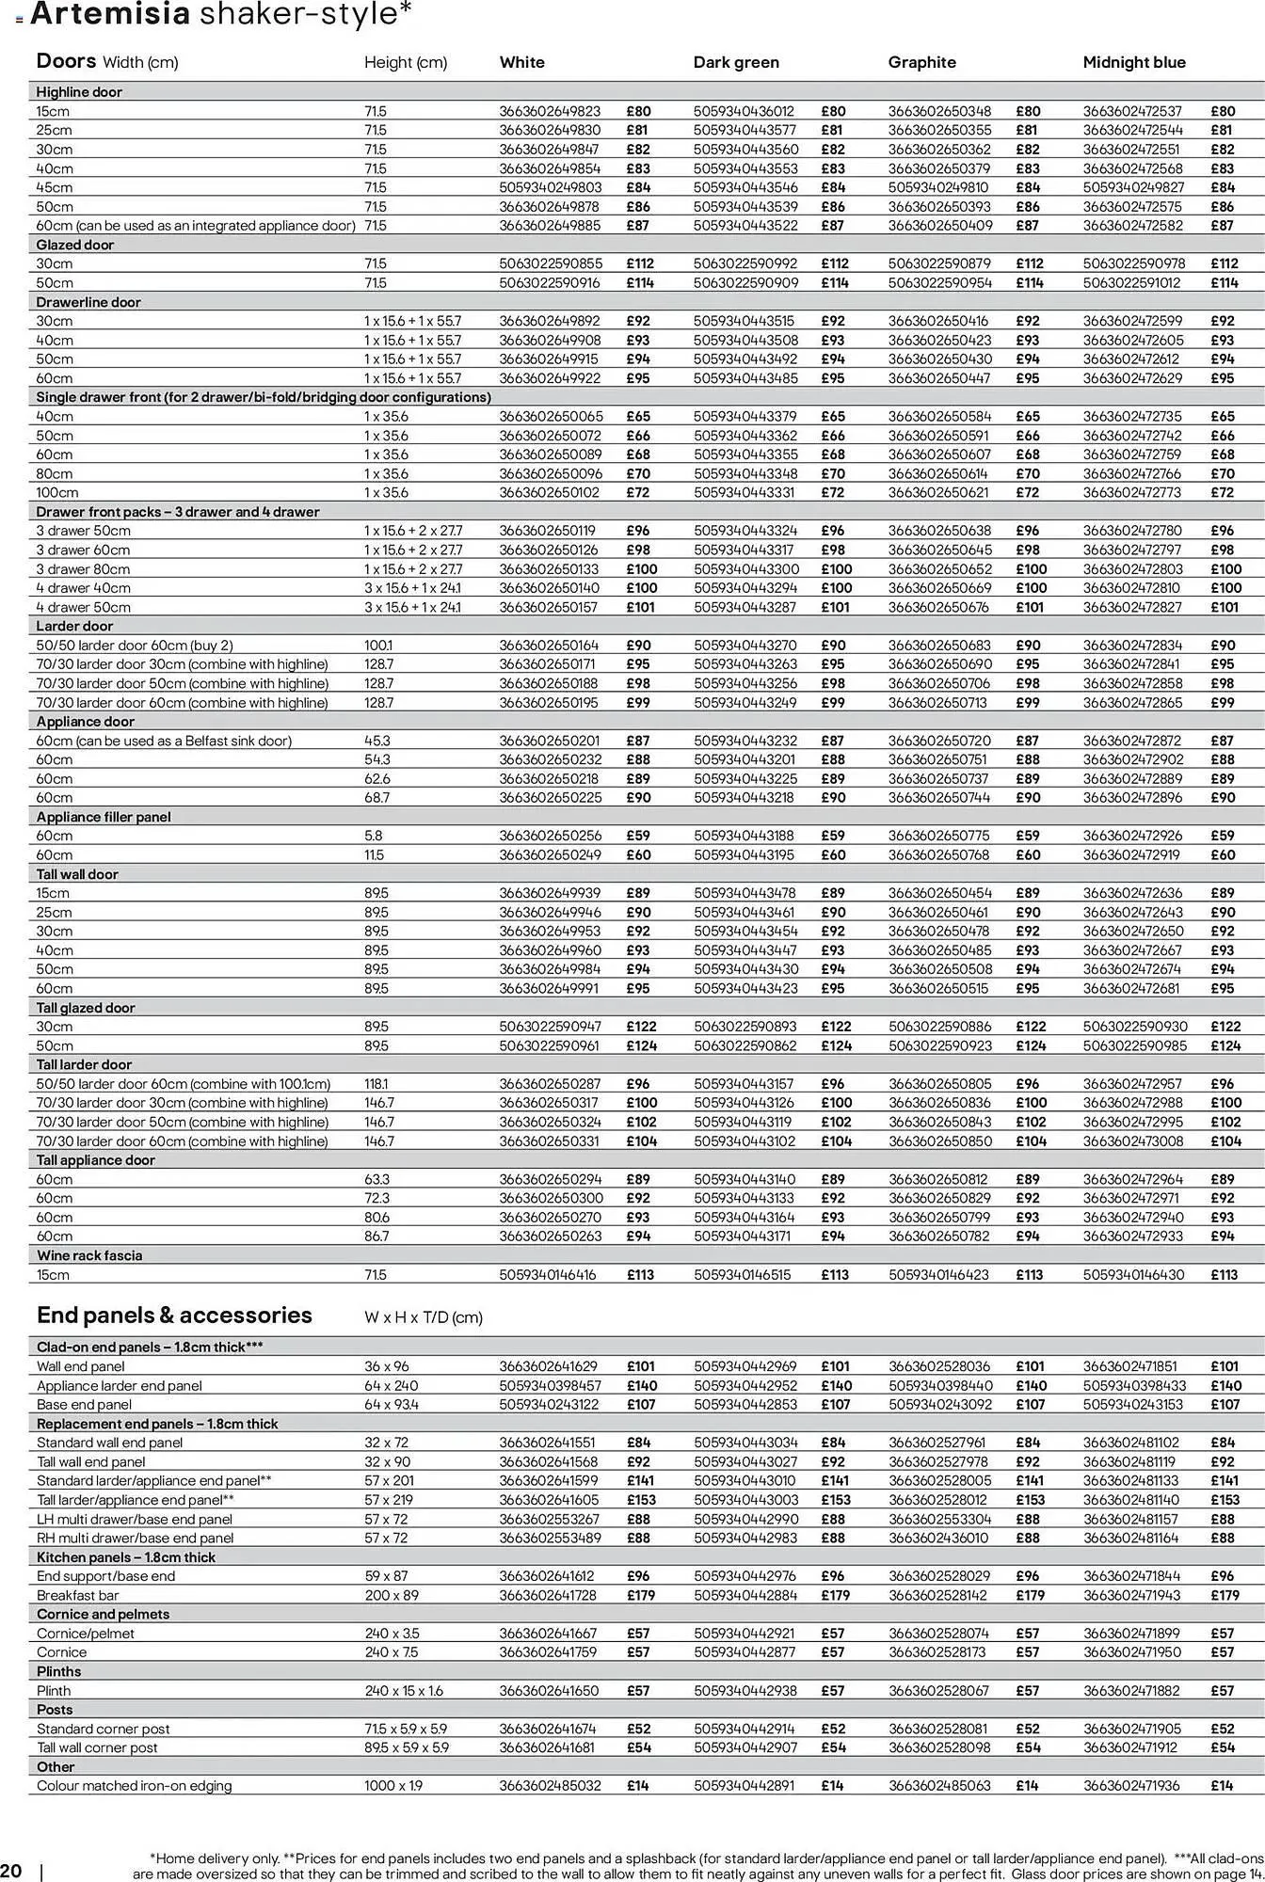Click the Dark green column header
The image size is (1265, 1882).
[736, 62]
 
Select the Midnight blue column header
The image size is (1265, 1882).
[1133, 62]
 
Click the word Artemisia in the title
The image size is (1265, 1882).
[110, 14]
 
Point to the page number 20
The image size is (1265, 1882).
[11, 1870]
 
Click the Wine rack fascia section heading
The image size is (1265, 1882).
[89, 1255]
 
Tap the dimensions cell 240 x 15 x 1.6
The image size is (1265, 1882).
[404, 1690]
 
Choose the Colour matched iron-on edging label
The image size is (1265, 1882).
[134, 1785]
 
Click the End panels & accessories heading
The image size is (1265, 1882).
[174, 1315]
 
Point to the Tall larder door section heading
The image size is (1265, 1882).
[84, 1064]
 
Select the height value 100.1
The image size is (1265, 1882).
[378, 646]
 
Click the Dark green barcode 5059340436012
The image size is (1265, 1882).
[744, 111]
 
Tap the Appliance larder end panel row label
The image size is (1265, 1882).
[119, 1385]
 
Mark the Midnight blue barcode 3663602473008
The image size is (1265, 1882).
[1132, 1140]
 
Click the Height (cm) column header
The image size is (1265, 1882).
[406, 62]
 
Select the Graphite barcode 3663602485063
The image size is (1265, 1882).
[939, 1785]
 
